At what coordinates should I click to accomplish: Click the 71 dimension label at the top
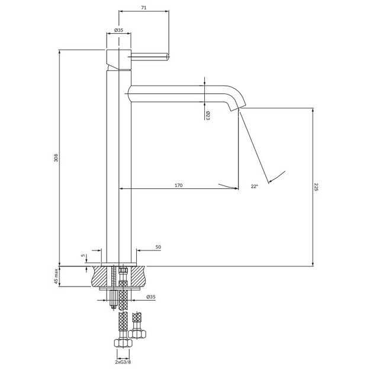[144, 8]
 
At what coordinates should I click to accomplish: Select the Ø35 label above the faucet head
[118, 30]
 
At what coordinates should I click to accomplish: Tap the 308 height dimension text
[56, 157]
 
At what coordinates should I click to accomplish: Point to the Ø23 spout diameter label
[208, 116]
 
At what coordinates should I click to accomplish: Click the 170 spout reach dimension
[179, 185]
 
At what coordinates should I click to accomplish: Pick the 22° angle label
[254, 186]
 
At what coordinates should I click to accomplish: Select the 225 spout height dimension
[316, 187]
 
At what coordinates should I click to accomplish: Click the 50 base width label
[158, 247]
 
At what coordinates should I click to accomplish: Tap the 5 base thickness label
[83, 255]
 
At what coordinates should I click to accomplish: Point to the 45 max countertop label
[56, 276]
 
